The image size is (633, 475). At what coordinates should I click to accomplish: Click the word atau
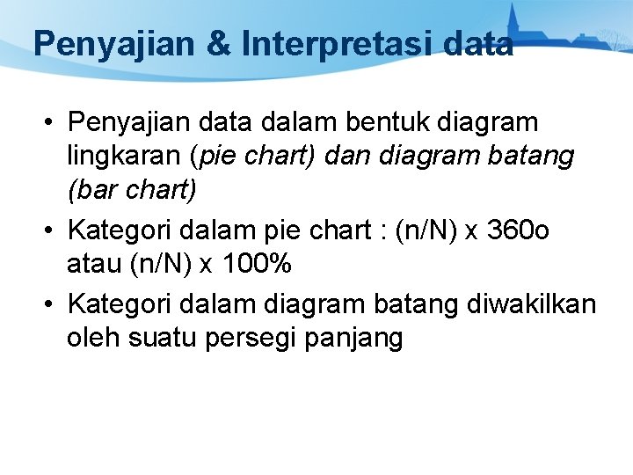[x=93, y=265]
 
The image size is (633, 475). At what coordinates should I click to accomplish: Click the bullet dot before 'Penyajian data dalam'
[x=51, y=121]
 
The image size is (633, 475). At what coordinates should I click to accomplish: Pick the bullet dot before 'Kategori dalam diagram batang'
[x=51, y=303]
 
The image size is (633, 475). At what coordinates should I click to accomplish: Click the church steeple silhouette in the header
[x=513, y=22]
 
